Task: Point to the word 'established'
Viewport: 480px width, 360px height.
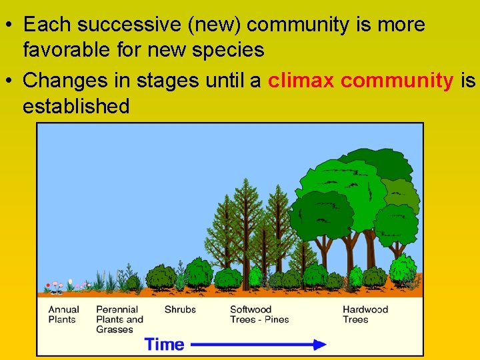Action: [x=76, y=105]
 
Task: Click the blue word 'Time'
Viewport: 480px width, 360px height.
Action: [x=164, y=345]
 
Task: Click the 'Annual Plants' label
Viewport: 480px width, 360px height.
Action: [x=63, y=314]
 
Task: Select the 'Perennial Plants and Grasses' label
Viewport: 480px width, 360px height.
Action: [x=119, y=319]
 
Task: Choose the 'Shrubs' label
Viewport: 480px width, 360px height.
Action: [x=180, y=309]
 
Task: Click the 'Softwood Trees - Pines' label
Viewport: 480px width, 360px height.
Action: [x=259, y=314]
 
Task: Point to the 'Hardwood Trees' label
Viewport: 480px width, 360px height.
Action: [x=365, y=314]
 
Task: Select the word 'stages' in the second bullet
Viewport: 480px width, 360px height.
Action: [x=167, y=81]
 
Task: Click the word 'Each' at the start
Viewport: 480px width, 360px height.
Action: [x=47, y=25]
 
